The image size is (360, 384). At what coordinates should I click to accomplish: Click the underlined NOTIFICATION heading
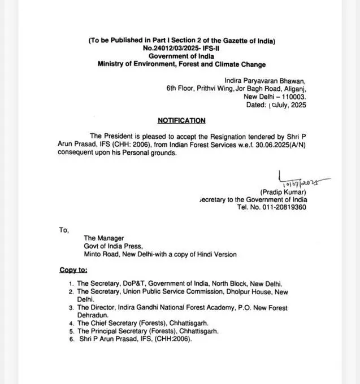click(181, 120)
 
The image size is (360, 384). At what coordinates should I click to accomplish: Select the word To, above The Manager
click(63, 230)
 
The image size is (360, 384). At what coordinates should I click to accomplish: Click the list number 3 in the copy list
click(70, 308)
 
